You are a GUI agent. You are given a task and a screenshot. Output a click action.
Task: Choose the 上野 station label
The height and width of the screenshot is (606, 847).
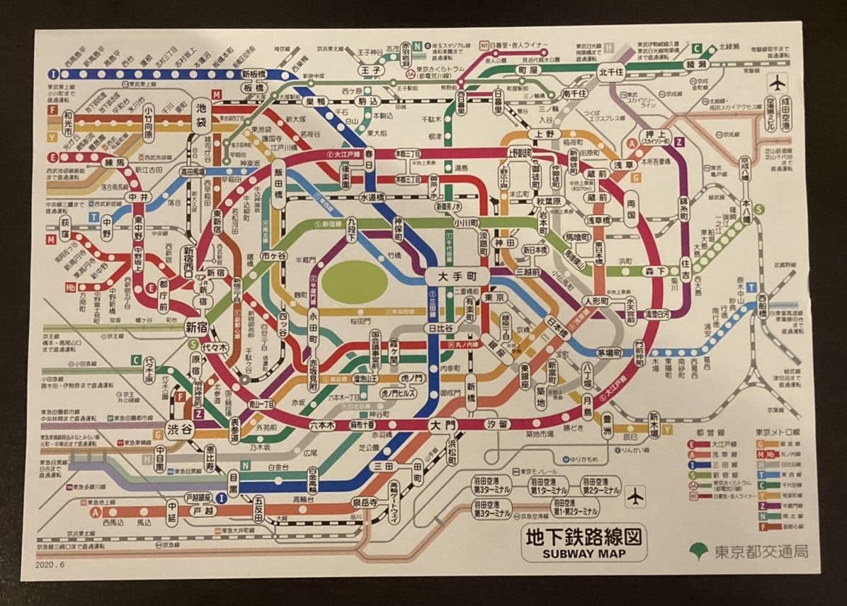[544, 134]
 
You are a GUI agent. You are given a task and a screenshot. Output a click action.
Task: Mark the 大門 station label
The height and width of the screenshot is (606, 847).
[443, 425]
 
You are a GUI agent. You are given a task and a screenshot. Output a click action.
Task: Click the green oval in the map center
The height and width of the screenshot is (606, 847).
[355, 283]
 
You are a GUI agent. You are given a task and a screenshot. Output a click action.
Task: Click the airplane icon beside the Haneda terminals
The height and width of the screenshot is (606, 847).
[636, 496]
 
